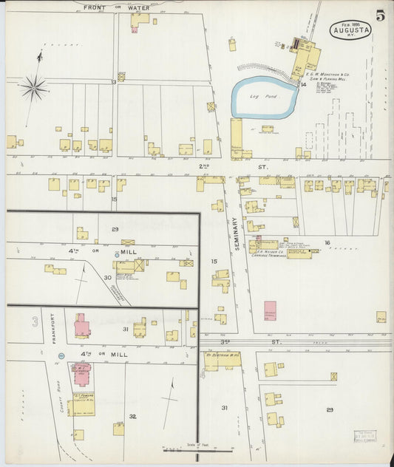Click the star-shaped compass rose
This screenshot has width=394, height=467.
pos(33,89)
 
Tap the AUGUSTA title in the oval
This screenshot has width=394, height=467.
pos(350,31)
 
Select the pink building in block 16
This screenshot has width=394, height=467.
pos(270,310)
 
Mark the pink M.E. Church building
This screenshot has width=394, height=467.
pos(81,325)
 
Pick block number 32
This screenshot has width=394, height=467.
pos(133,417)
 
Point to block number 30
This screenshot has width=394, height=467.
pos(107,278)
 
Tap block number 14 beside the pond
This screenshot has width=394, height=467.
pos(303,85)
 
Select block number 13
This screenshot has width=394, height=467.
pos(114,82)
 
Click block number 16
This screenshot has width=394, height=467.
pos(326,242)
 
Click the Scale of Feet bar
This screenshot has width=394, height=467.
pos(178,448)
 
